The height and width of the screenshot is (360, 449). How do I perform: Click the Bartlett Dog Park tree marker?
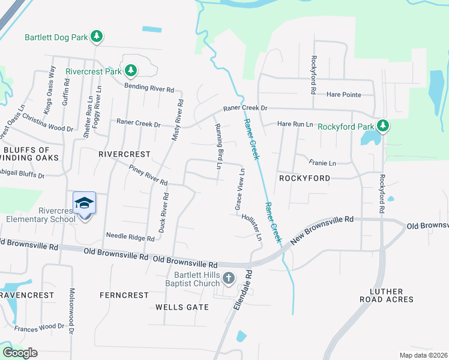97,37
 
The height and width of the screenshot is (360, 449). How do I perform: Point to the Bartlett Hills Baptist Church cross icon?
228,278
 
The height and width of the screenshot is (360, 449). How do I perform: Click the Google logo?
20,353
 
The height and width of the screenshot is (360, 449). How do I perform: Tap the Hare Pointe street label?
344,95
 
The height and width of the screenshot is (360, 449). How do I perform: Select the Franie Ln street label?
322,163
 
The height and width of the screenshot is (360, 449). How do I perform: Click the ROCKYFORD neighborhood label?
304,178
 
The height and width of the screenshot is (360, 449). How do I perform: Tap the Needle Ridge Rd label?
130,237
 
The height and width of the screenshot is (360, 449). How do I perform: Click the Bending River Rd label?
149,88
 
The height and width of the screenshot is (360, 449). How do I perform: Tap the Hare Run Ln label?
295,124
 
